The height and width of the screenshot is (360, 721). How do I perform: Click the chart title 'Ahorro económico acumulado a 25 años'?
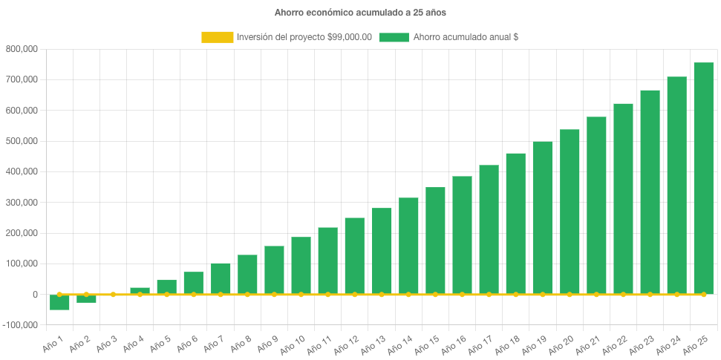pos(360,13)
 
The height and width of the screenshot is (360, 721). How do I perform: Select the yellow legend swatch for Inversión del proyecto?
pos(217,37)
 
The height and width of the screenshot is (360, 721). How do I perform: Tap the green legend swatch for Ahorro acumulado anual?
pos(394,37)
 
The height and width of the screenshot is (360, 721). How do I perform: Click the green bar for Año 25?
pos(703,178)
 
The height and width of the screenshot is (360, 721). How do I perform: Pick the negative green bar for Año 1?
pos(59,303)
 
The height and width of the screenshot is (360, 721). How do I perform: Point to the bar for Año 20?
pos(570,212)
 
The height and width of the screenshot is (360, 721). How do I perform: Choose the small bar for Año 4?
pos(140,291)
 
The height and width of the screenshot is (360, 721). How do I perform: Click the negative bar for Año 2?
pos(86,299)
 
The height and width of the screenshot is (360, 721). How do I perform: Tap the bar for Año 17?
pos(489,229)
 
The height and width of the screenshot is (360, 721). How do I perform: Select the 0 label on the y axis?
pos(35,295)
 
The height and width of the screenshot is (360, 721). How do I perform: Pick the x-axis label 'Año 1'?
pos(51,342)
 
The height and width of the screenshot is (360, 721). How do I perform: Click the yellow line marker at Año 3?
pos(113,295)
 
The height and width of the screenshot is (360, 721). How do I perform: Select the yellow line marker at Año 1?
pos(59,295)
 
